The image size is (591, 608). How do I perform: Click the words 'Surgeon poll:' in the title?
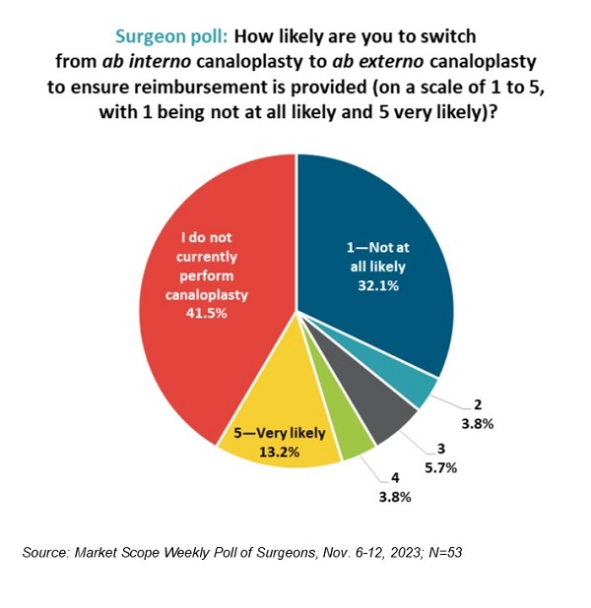click(171, 36)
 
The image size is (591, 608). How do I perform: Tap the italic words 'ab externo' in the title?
click(365, 60)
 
